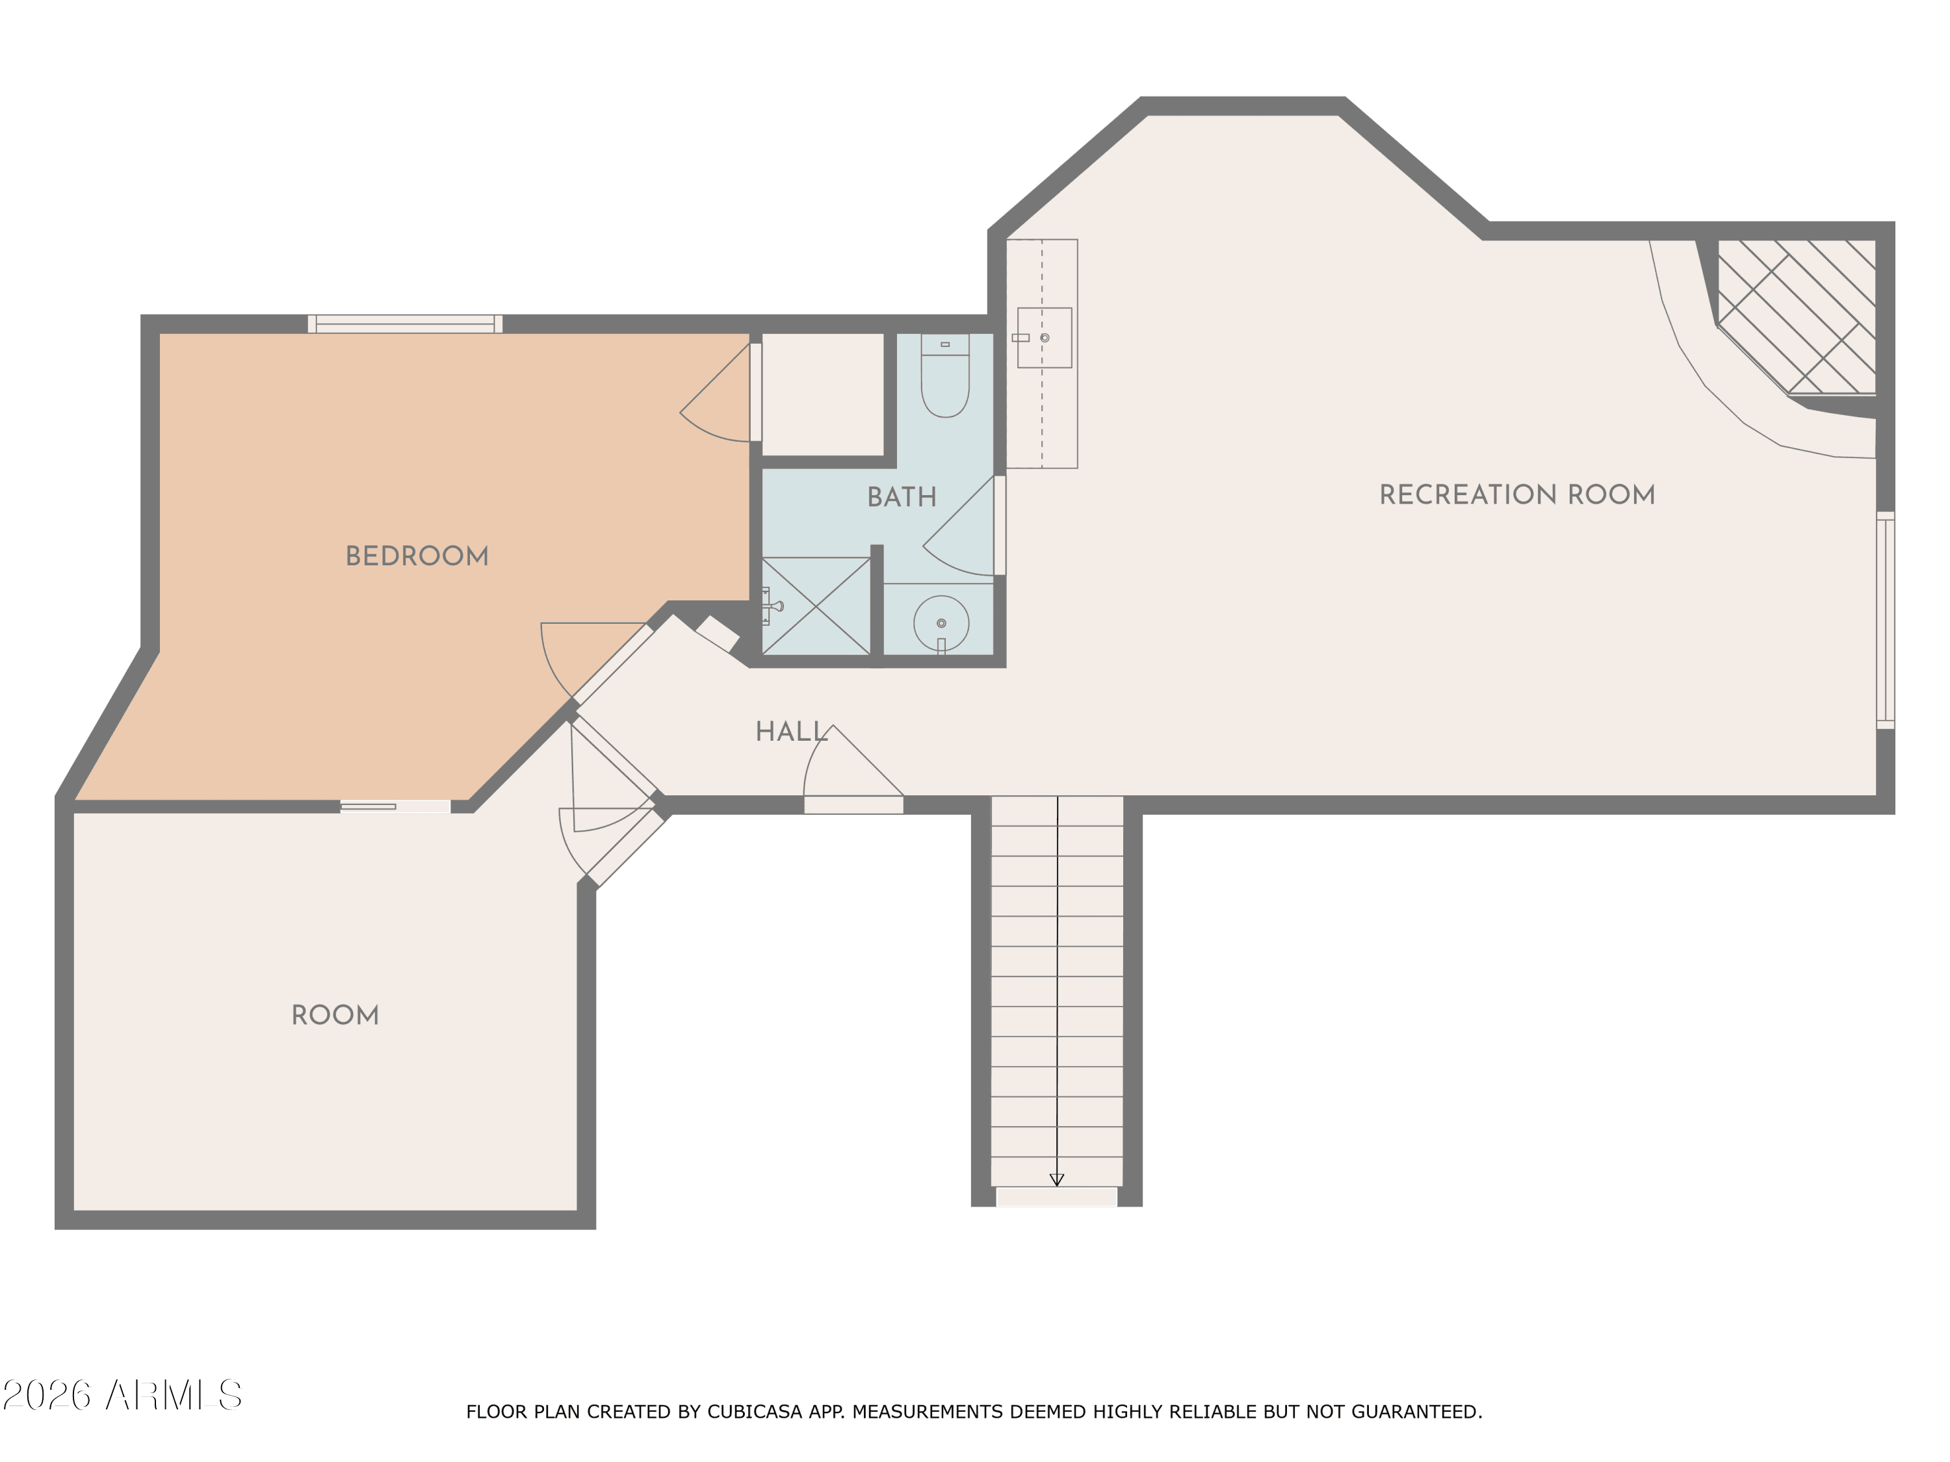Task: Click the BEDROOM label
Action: coord(417,556)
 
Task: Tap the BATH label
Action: coord(902,497)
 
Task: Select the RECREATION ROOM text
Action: coord(1517,494)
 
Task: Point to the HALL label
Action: coord(792,732)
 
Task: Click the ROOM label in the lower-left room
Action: coord(335,1015)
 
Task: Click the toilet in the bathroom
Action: coord(945,374)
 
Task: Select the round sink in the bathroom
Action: coord(941,623)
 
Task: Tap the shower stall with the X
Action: coord(816,606)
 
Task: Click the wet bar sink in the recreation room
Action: coord(1045,337)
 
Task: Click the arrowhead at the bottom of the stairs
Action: coord(1057,1180)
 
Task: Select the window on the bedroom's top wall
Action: coord(405,324)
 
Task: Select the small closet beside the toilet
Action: coord(822,394)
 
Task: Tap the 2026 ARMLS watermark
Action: coord(123,1395)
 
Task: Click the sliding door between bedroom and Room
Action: coord(396,806)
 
